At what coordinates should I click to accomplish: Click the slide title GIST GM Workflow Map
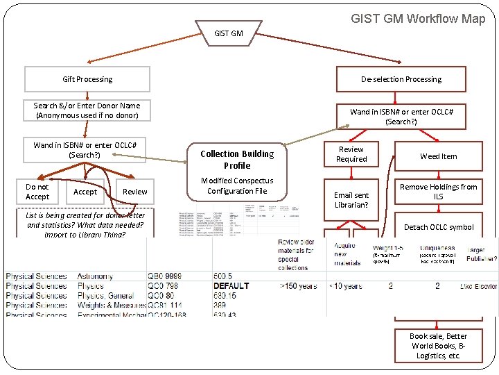click(418, 19)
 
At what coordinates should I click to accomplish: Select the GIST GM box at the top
click(229, 33)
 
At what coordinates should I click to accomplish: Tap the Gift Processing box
click(87, 79)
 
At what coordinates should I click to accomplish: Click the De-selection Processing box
click(401, 79)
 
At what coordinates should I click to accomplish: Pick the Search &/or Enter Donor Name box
click(87, 110)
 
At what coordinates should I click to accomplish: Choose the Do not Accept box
click(37, 192)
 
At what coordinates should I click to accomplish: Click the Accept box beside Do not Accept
click(85, 192)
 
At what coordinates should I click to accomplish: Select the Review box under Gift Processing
click(134, 192)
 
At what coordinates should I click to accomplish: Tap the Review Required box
click(351, 154)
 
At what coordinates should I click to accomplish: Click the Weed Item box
click(438, 156)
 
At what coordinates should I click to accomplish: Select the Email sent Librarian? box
click(351, 200)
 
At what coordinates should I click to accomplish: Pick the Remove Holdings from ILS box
click(438, 192)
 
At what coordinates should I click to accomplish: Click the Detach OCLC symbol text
click(438, 227)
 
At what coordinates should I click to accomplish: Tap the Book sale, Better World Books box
click(438, 346)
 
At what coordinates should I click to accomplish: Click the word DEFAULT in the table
click(231, 286)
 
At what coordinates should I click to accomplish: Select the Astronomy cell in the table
click(100, 276)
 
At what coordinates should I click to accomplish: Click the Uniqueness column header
click(437, 248)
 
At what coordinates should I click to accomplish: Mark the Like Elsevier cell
click(478, 286)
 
